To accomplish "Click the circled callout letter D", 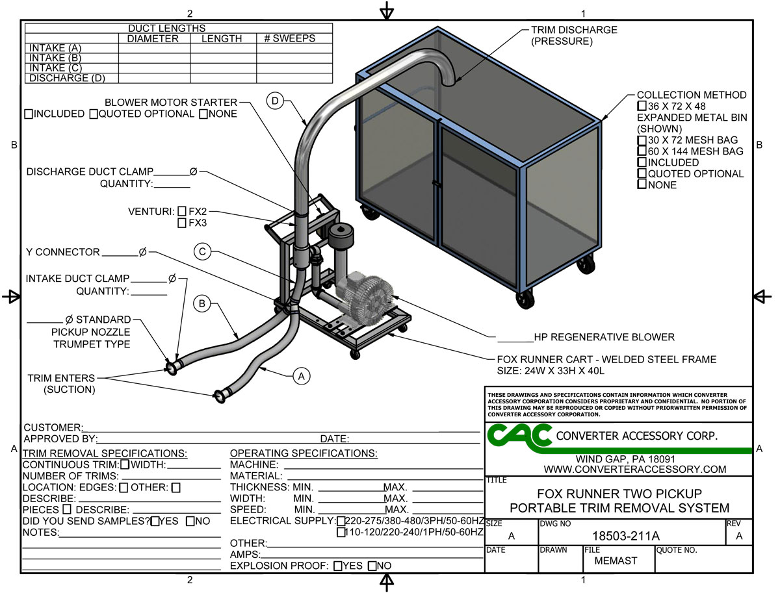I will pyautogui.click(x=276, y=101).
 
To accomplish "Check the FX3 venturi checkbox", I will pyautogui.click(x=182, y=223).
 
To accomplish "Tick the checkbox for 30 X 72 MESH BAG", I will pyautogui.click(x=642, y=140).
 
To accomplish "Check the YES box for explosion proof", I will pyautogui.click(x=338, y=566).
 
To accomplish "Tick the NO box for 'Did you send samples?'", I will pyautogui.click(x=190, y=521).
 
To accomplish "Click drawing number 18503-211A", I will pyautogui.click(x=626, y=536).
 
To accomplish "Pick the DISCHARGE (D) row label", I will pyautogui.click(x=65, y=78).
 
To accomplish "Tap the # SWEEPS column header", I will pyautogui.click(x=289, y=38).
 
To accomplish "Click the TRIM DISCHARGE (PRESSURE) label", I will pyautogui.click(x=574, y=36).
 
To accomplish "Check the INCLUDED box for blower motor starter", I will pyautogui.click(x=29, y=114).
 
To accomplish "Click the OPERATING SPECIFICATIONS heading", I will pyautogui.click(x=304, y=453).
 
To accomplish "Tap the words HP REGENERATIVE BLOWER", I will pyautogui.click(x=604, y=337).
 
